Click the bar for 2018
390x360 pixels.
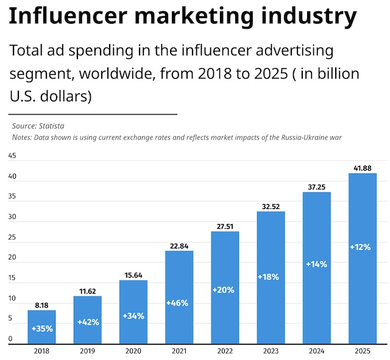[x=42, y=327]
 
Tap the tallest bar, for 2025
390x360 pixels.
[x=363, y=258]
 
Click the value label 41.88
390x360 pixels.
[x=363, y=168]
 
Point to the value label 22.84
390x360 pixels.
[x=179, y=245]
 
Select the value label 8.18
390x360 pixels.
[x=42, y=305]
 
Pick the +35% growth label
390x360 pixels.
[x=42, y=329]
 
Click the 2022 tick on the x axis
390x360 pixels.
[x=225, y=351]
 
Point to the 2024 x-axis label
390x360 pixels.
[x=317, y=351]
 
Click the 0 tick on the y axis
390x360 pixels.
[x=10, y=339]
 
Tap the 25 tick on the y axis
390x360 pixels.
[x=12, y=238]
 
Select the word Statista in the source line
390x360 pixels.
[x=51, y=125]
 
